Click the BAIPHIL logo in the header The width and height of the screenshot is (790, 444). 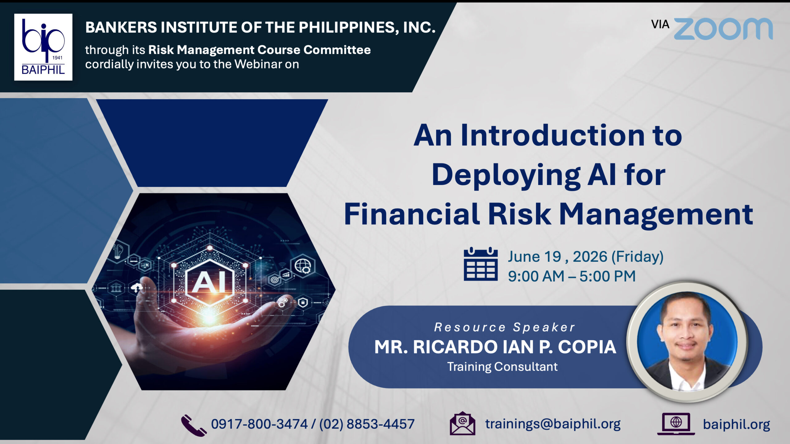43,47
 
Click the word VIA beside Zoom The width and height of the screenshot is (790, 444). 660,24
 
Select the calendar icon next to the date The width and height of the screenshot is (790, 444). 480,264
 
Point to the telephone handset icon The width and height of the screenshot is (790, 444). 193,425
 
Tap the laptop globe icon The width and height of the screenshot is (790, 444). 676,424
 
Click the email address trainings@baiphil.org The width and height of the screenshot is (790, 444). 553,424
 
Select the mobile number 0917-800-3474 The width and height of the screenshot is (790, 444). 259,424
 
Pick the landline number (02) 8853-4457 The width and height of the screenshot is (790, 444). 367,424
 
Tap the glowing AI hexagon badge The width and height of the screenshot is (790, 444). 210,282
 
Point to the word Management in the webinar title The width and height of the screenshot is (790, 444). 656,215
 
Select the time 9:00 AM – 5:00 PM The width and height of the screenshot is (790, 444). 572,276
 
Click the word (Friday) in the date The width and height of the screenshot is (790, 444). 637,257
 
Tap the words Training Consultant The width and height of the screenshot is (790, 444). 502,367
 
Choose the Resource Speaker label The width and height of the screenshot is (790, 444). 505,327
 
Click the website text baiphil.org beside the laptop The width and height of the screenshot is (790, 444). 736,425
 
